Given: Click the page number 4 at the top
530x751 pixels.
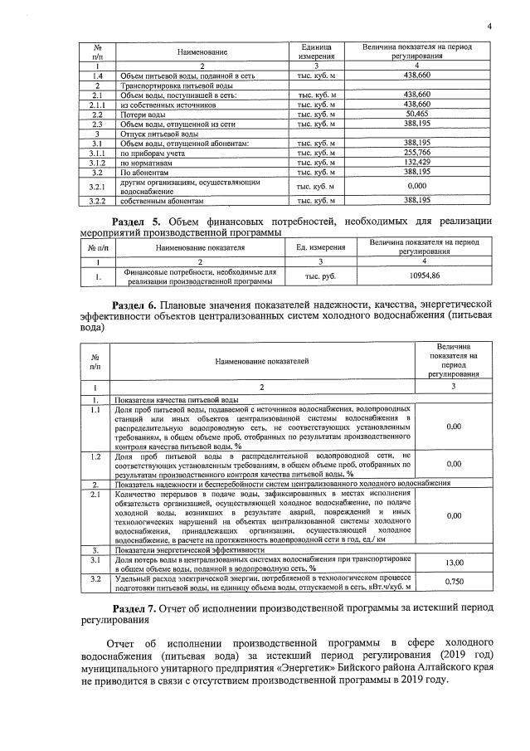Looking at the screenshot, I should (x=490, y=26).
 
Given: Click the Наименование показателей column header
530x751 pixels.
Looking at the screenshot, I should (x=261, y=362).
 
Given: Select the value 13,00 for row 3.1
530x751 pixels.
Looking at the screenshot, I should (x=454, y=563).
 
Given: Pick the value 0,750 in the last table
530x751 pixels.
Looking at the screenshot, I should (x=454, y=582).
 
